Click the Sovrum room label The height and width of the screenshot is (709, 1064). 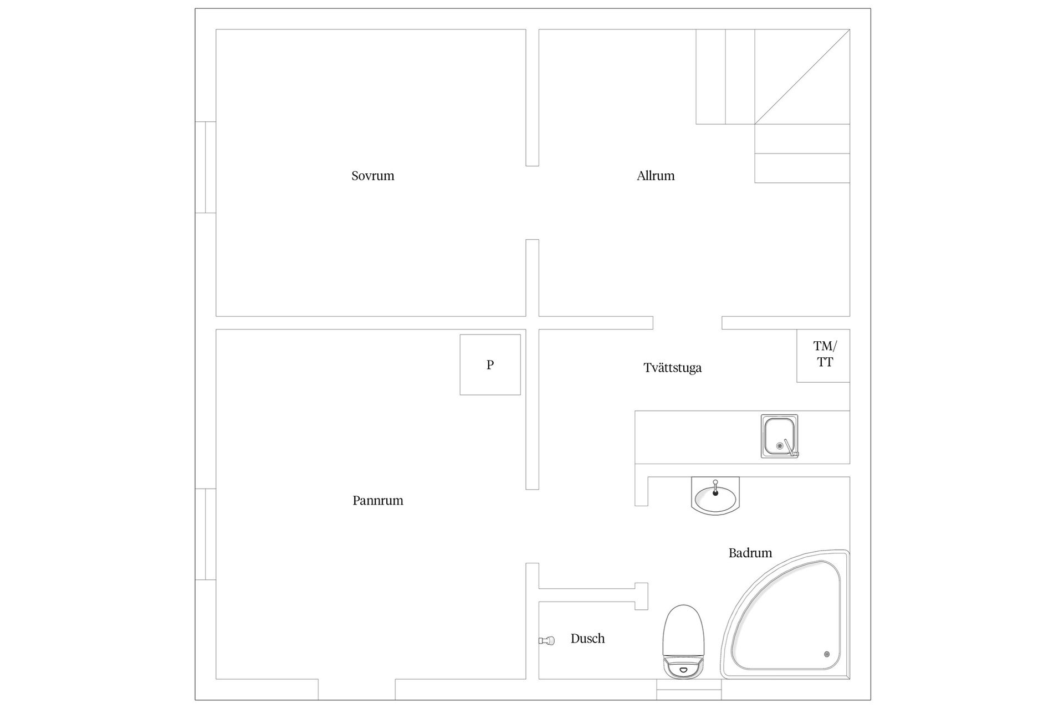[372, 176]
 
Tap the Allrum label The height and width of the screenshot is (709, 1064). [656, 176]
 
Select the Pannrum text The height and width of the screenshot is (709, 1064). [378, 501]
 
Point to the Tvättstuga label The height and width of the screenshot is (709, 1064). [672, 368]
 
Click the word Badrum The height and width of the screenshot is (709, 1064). [750, 553]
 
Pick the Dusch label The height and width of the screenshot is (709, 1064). [587, 639]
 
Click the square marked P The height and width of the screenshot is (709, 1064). [490, 364]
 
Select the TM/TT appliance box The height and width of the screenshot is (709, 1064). [823, 355]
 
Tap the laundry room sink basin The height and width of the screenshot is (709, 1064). [778, 435]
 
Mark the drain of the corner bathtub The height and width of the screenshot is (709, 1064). [827, 654]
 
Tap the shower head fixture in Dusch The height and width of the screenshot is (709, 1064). [546, 641]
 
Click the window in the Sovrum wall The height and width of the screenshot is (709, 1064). [206, 167]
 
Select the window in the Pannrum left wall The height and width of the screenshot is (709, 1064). [206, 534]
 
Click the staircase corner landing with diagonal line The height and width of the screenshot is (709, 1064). [802, 76]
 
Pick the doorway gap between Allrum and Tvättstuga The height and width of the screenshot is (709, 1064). [687, 323]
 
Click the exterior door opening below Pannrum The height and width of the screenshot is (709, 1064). [356, 690]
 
